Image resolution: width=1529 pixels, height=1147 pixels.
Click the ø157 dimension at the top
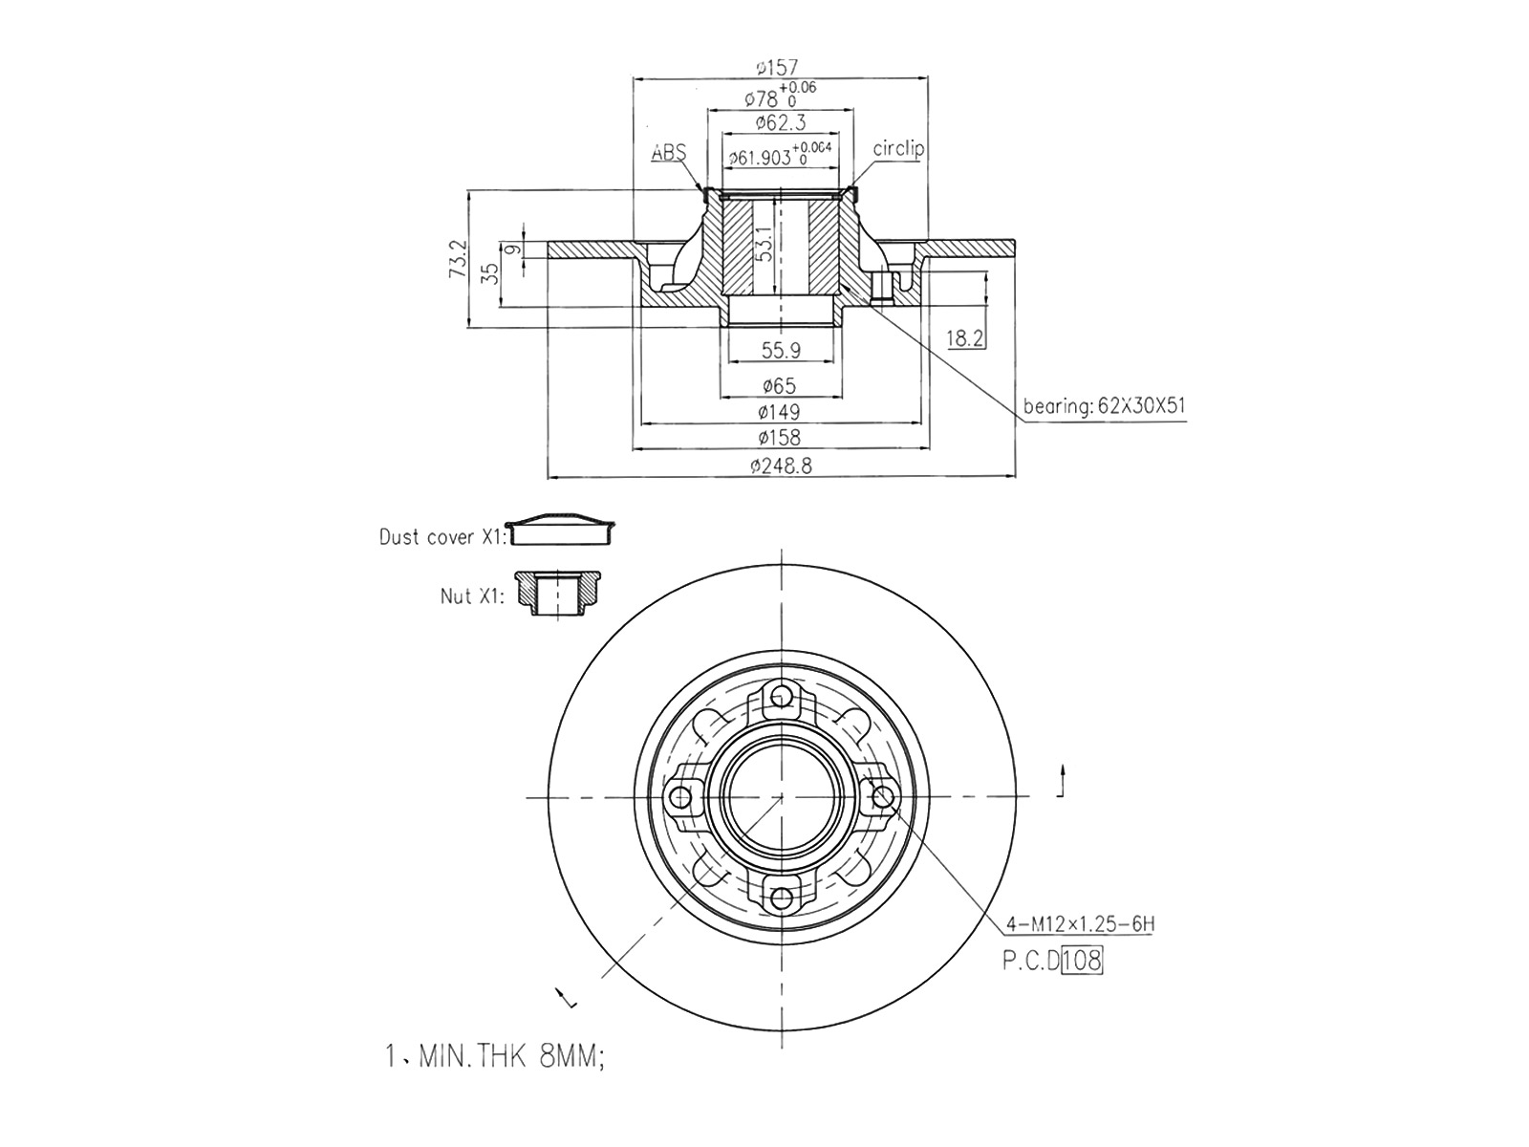[777, 68]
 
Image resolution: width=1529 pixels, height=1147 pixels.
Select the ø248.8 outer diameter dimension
[781, 465]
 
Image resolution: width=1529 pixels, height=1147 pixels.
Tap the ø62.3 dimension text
[780, 123]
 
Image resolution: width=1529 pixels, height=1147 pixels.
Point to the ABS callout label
[669, 153]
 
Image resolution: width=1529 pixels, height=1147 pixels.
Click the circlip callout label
[898, 148]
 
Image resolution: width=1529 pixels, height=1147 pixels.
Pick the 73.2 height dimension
[458, 259]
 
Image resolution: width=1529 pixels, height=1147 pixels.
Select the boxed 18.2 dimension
[965, 338]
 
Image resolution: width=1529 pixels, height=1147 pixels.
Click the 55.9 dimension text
[781, 350]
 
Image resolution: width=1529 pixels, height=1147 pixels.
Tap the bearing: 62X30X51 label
[1104, 406]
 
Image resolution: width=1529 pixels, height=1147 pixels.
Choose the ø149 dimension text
[780, 412]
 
